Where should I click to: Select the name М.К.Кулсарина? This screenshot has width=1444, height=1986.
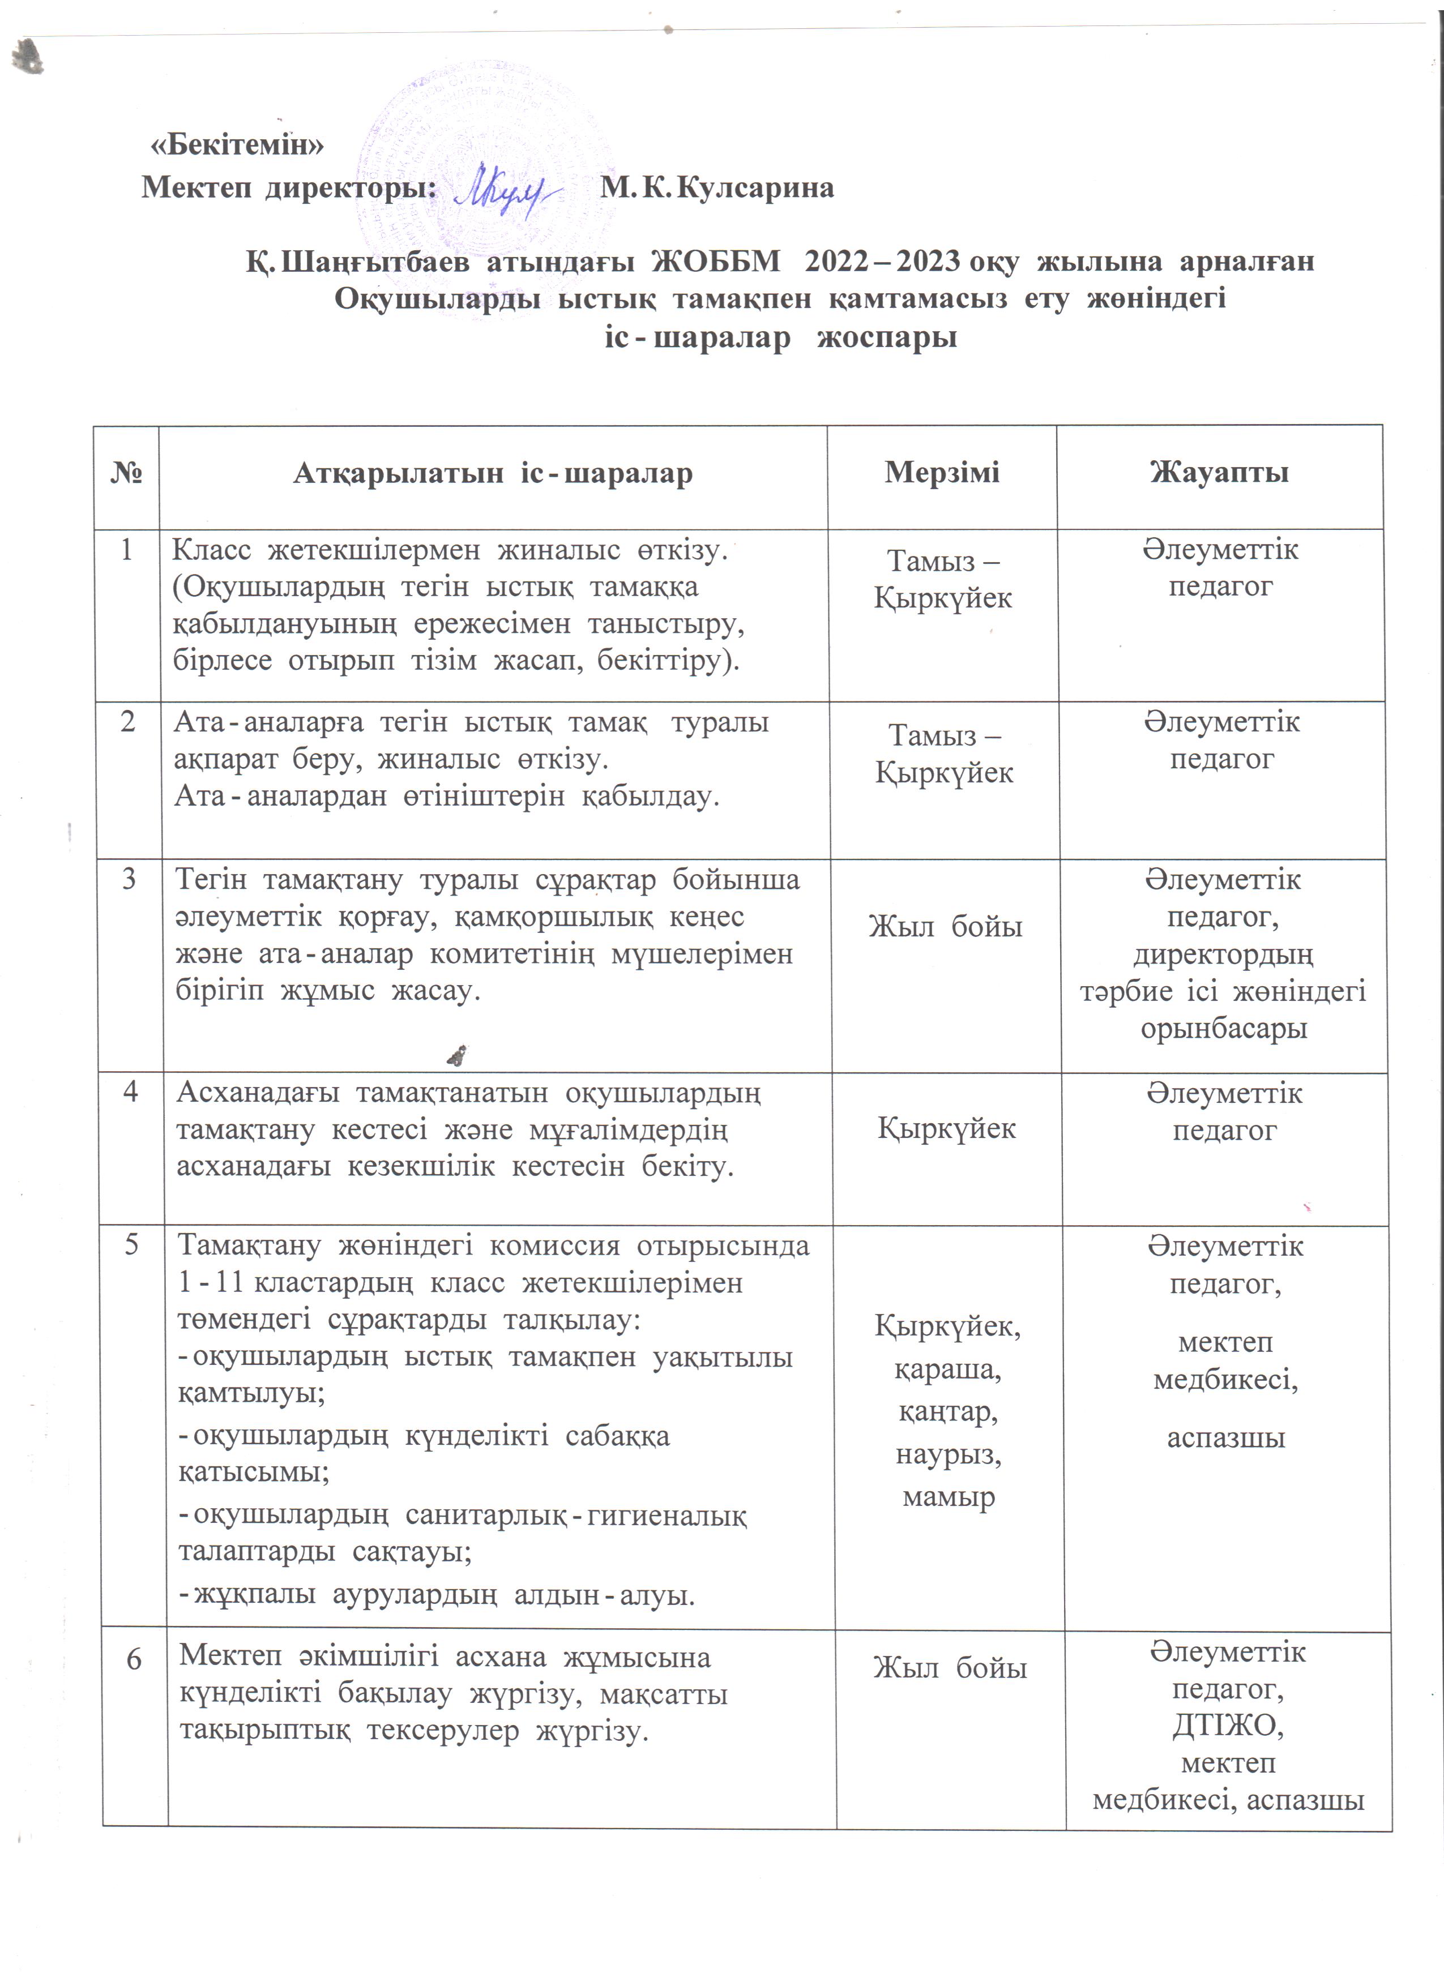click(716, 187)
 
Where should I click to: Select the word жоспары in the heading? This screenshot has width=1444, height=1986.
click(886, 337)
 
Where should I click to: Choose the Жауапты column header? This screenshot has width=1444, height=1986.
click(1219, 473)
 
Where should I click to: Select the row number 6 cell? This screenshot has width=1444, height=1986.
click(134, 1659)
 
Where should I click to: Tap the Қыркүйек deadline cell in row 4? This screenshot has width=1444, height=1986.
click(947, 1128)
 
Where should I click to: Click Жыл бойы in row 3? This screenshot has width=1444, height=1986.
click(946, 926)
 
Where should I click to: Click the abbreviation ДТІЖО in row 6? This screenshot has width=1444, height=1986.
click(1228, 1725)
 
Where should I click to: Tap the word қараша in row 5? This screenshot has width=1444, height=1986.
click(947, 1369)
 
